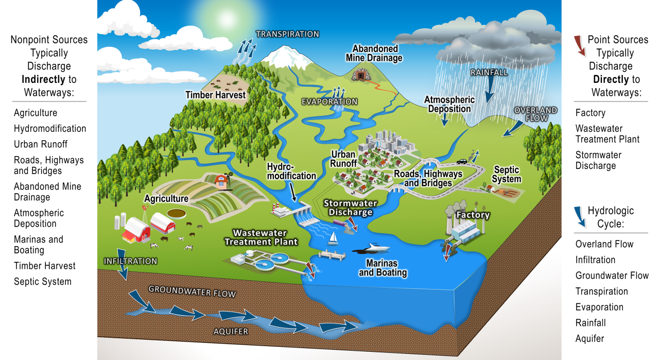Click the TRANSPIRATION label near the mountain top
click(287, 35)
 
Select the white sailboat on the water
click(334, 237)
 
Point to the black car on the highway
click(461, 161)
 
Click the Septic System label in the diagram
click(507, 175)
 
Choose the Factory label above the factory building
click(472, 215)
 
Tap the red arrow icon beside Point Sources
click(580, 45)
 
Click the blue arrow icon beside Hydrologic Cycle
click(580, 216)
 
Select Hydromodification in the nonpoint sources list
click(50, 129)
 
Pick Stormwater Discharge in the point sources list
click(598, 160)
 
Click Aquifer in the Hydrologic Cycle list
click(589, 338)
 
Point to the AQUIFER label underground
click(231, 331)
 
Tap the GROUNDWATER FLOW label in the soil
click(192, 291)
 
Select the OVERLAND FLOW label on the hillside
click(535, 114)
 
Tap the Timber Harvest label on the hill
click(216, 95)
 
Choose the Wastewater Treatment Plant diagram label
click(265, 237)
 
